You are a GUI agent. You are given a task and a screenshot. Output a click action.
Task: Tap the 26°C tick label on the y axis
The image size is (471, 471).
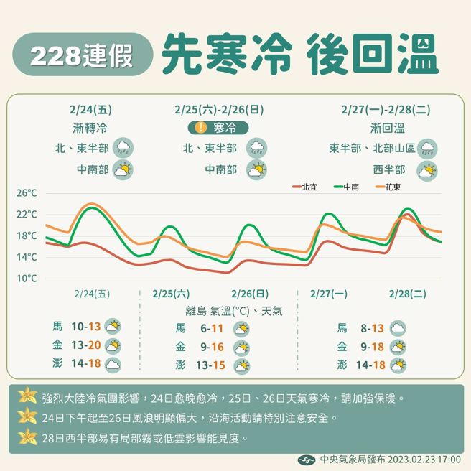point(27,194)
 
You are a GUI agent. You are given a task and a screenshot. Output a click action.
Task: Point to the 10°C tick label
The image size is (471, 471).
point(27,279)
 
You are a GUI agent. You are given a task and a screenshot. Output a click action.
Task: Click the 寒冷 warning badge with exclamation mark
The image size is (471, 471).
point(218,128)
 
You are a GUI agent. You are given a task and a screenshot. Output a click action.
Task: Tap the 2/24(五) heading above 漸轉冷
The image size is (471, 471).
point(91,110)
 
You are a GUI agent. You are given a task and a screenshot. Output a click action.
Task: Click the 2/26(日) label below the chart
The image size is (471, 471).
point(250,294)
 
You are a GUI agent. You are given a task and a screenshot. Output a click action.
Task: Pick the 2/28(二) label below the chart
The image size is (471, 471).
point(407,294)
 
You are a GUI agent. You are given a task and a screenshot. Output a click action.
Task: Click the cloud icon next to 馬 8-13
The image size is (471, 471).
point(397,328)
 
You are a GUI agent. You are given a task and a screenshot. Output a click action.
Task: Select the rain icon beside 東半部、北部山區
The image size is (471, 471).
point(429,149)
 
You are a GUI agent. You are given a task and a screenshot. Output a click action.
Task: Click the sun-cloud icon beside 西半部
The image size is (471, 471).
point(428,171)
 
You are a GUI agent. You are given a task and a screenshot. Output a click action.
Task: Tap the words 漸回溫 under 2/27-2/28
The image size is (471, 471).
point(387,129)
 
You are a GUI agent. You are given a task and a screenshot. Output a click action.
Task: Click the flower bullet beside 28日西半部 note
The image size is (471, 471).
point(27,436)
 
